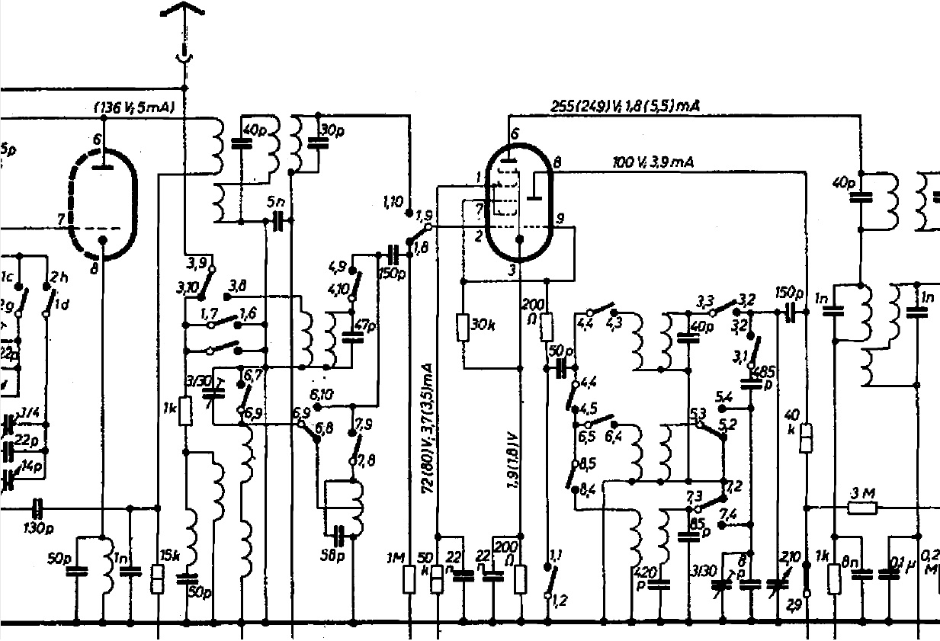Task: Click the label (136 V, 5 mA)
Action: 134,107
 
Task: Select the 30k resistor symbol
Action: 464,326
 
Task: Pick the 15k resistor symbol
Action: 158,579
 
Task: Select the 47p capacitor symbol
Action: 351,336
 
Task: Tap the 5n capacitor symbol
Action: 279,221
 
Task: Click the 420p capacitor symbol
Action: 660,585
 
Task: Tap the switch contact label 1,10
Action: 393,202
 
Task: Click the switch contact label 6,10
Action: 321,395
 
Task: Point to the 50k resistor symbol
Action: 438,579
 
